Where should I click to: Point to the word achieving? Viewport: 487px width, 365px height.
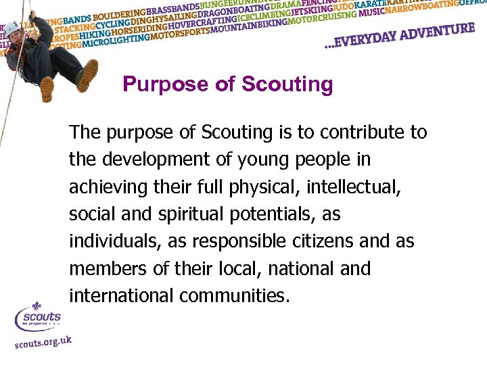point(103,187)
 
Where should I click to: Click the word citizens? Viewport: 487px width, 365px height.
point(333,241)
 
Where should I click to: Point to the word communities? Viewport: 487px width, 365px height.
point(236,296)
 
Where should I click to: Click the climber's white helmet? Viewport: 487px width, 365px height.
point(12,28)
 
